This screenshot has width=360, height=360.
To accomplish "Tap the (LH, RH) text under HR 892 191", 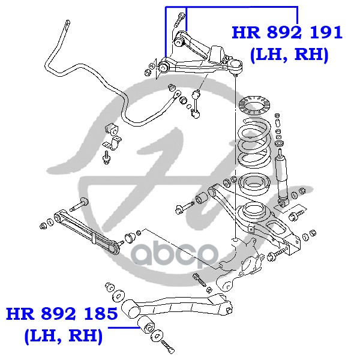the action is (x=289, y=55).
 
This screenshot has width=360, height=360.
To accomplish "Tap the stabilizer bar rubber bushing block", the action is (x=112, y=130).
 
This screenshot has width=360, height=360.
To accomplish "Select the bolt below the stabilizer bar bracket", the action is (x=107, y=158).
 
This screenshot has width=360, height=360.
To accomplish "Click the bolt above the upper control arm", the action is (x=180, y=19).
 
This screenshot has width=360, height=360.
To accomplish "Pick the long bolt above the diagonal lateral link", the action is (x=79, y=204).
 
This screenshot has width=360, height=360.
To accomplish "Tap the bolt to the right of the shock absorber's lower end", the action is (x=298, y=215).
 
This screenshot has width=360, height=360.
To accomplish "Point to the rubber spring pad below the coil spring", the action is (x=253, y=183).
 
